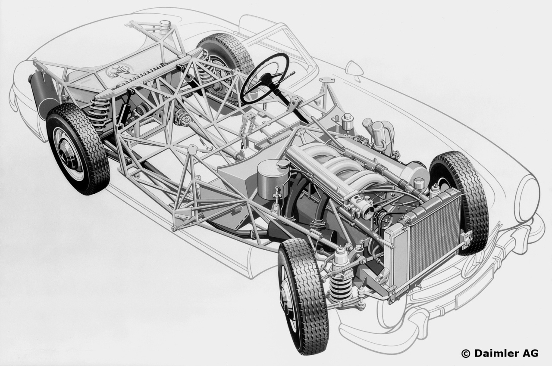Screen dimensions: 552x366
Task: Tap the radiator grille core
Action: [434, 234]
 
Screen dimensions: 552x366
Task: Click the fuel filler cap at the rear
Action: [165, 25]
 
